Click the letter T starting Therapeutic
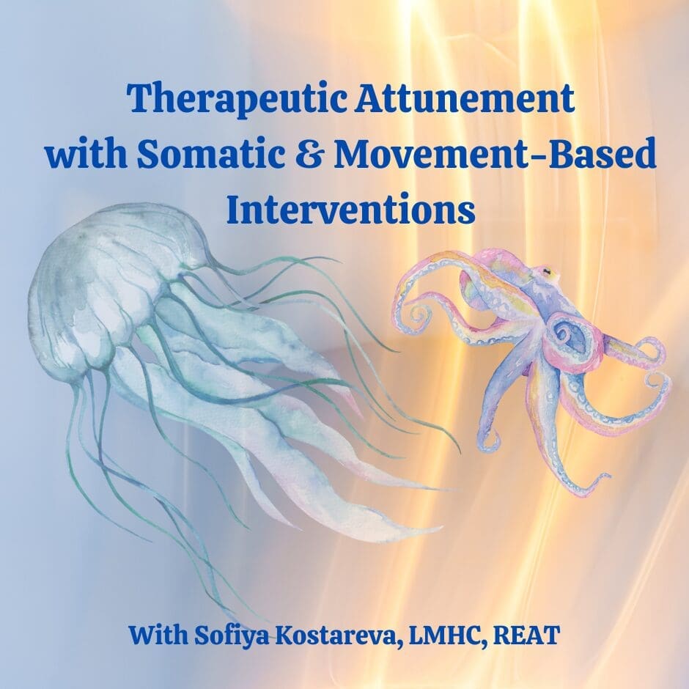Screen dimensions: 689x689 click(x=137, y=99)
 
